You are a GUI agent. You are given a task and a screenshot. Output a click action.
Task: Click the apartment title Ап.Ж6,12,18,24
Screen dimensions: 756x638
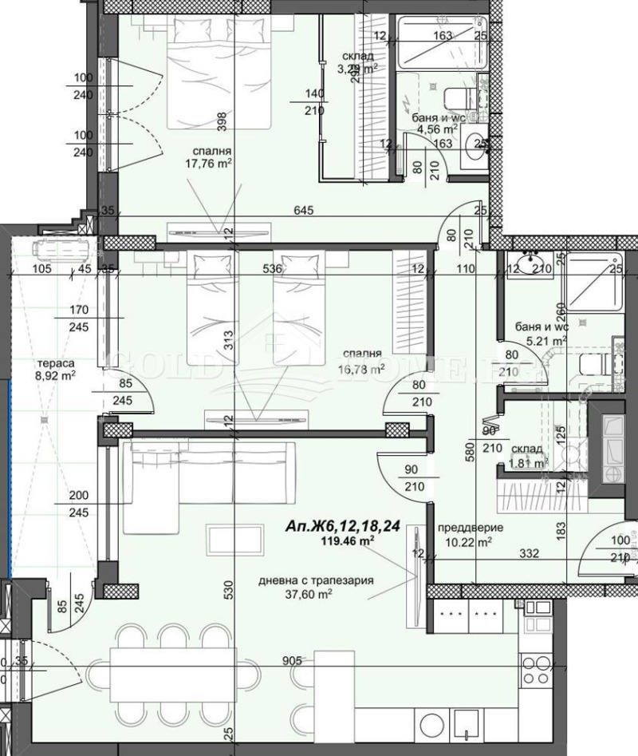coord(342,527)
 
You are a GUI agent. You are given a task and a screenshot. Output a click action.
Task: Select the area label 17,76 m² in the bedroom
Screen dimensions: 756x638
coord(206,164)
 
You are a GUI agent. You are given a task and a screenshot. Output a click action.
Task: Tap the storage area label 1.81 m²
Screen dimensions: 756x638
coord(527,461)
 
